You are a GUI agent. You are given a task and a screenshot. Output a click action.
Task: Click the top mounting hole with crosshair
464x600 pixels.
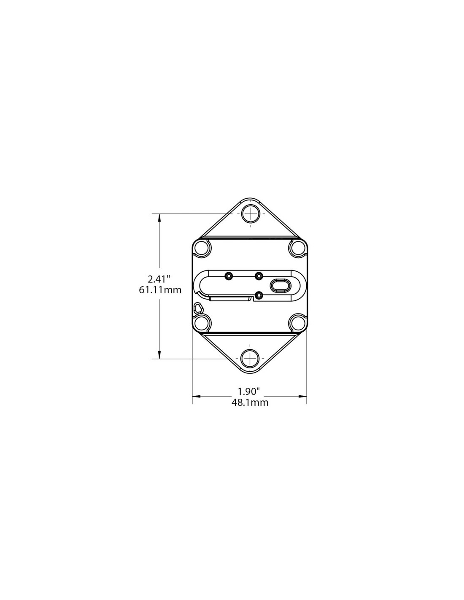click(251, 214)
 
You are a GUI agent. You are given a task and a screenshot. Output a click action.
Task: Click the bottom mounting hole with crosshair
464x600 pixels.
click(250, 359)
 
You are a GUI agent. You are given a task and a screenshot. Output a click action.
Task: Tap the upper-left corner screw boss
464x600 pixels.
click(202, 247)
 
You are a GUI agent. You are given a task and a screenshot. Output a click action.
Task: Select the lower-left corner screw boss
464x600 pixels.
click(202, 322)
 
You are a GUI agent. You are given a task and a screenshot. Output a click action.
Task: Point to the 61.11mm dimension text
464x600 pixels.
click(160, 290)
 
